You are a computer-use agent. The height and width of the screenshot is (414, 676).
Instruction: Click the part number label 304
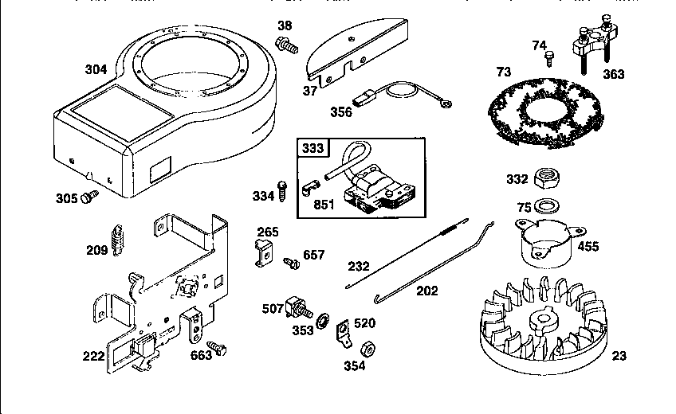(96, 69)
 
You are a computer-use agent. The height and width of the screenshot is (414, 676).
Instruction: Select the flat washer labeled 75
(544, 206)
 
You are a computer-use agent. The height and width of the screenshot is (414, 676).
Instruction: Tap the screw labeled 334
(281, 191)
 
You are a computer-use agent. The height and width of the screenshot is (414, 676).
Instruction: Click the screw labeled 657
(291, 260)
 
